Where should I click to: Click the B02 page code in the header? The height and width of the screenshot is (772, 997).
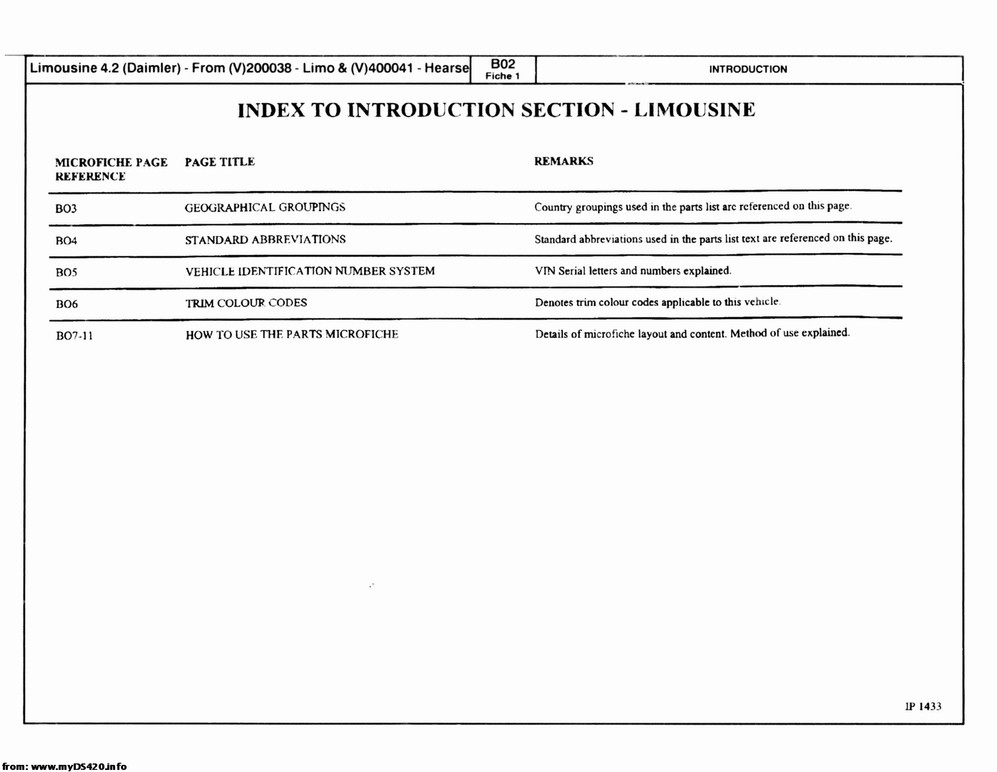pos(502,64)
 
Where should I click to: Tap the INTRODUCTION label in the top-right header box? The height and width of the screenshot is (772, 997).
pos(747,69)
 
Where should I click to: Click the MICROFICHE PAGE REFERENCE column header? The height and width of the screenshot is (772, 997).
pos(111,169)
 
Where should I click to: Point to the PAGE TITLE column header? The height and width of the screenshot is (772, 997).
pos(220,162)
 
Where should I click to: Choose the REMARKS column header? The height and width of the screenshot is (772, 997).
pos(564,162)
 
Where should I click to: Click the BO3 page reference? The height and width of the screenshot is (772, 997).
pos(66,209)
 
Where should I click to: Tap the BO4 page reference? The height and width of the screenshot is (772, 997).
pos(66,241)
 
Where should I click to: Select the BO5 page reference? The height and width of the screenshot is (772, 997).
pos(66,272)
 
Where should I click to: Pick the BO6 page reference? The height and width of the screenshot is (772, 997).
pos(67,305)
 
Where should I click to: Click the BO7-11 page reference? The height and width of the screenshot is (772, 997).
pos(74,336)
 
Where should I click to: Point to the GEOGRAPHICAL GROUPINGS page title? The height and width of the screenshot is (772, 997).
pos(265,207)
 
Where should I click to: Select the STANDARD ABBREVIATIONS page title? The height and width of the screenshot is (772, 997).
pos(265,239)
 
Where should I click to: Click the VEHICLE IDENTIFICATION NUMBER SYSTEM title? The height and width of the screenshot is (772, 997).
pos(310,272)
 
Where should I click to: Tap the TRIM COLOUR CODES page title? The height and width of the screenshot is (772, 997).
pos(246,303)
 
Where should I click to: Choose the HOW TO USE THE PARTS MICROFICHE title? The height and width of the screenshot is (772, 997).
pos(292,335)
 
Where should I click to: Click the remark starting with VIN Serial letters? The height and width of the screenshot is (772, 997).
pos(633,271)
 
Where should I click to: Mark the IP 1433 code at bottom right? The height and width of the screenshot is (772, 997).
pos(923,706)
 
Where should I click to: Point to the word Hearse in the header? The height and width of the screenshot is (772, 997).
pos(447,69)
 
